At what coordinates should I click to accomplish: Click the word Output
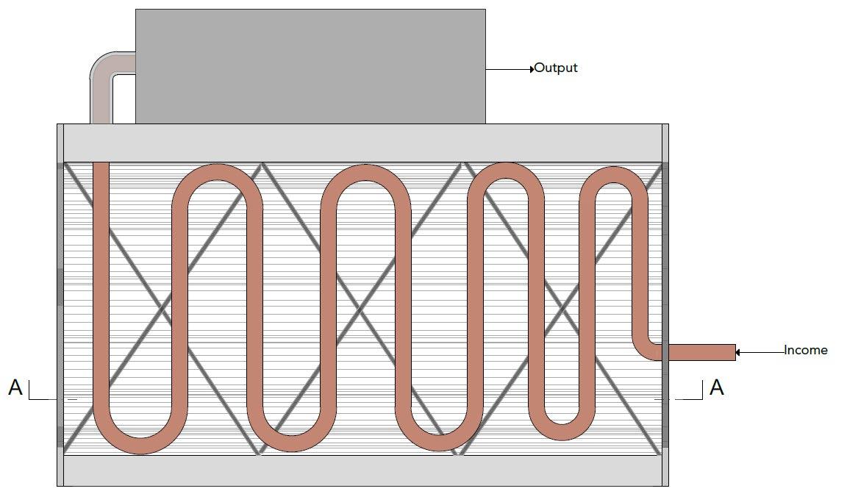click(556, 68)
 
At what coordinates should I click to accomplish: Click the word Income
click(806, 350)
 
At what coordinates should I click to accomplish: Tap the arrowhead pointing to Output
click(532, 69)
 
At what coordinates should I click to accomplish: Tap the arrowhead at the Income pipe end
click(738, 352)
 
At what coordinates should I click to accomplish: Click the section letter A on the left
click(15, 387)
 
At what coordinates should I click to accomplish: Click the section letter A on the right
click(716, 387)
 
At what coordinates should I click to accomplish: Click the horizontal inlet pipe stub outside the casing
click(698, 352)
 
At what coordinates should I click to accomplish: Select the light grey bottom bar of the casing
click(363, 470)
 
